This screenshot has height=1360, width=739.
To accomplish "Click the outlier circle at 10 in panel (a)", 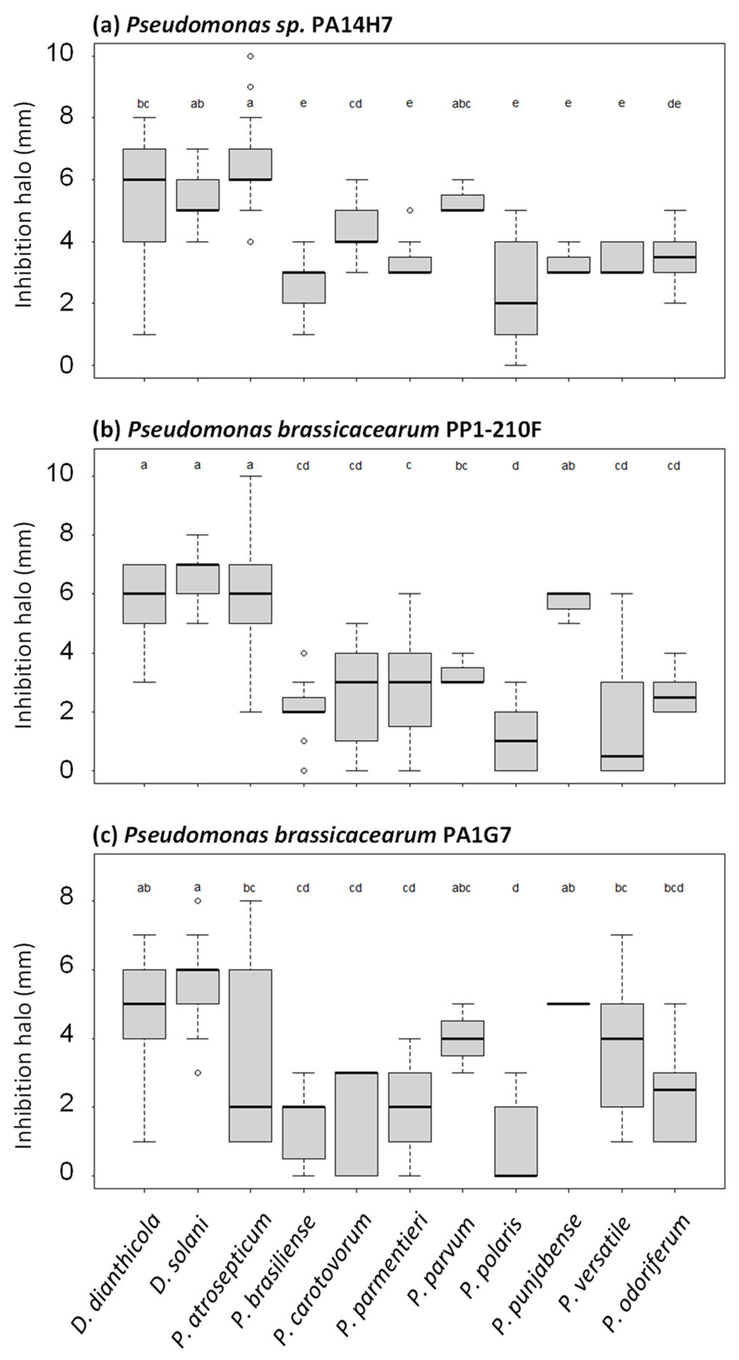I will (x=251, y=56).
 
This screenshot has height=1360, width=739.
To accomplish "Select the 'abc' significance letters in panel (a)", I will (x=461, y=104).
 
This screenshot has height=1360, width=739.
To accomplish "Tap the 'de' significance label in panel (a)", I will (x=674, y=104).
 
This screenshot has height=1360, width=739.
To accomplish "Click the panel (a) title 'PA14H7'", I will (x=352, y=25).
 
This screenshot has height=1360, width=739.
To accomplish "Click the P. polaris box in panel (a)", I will (x=516, y=288).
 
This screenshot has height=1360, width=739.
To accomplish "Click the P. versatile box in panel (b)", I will (x=622, y=726).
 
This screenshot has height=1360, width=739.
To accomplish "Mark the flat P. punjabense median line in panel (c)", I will (x=569, y=1003).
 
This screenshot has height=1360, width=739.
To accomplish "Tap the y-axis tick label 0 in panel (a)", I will (x=66, y=365).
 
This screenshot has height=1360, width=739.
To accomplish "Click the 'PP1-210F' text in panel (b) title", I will (x=494, y=430).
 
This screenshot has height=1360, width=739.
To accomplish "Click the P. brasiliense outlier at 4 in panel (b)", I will (x=304, y=653).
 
